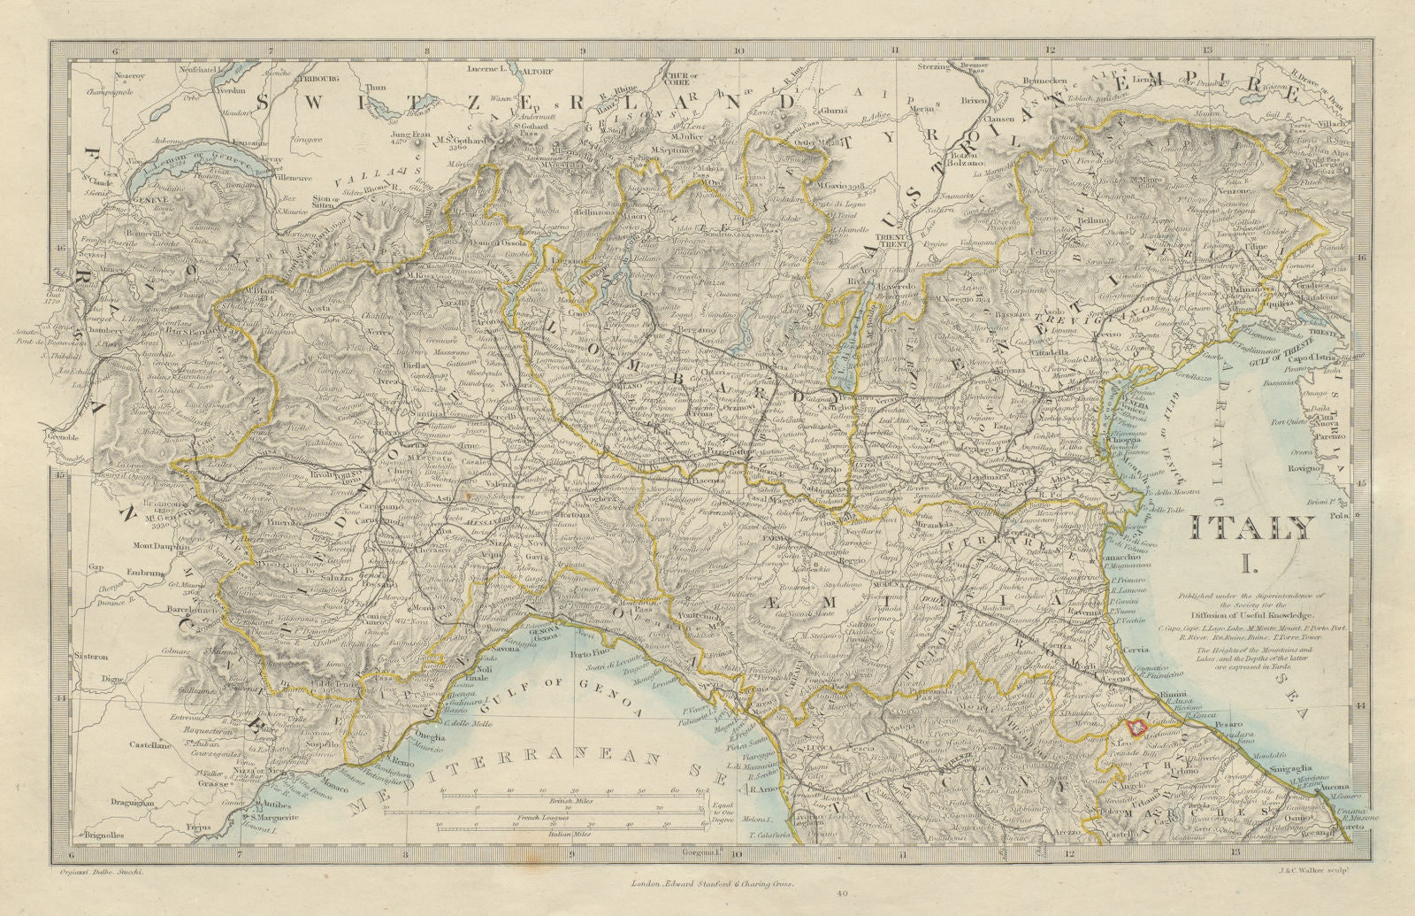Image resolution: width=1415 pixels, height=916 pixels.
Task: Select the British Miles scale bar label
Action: pyautogui.click(x=570, y=799)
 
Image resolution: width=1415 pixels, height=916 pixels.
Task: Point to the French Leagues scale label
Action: pyautogui.click(x=570, y=817)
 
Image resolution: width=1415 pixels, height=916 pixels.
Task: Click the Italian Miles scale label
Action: pyautogui.click(x=570, y=834)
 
